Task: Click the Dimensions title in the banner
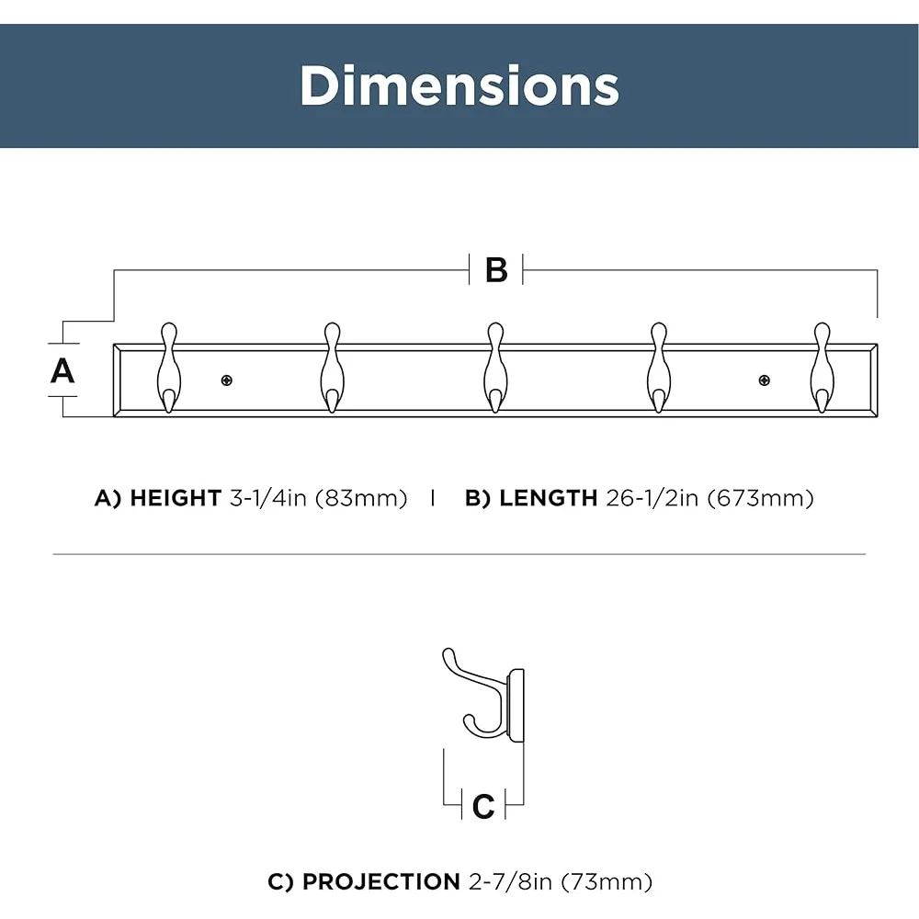(459, 85)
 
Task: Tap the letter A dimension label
(62, 371)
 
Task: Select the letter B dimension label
(496, 270)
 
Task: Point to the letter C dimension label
(483, 807)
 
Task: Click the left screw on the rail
(227, 380)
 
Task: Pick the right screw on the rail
(765, 380)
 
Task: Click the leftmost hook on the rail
(169, 369)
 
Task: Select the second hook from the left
(333, 369)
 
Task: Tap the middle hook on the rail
(496, 369)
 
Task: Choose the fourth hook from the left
(659, 369)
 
